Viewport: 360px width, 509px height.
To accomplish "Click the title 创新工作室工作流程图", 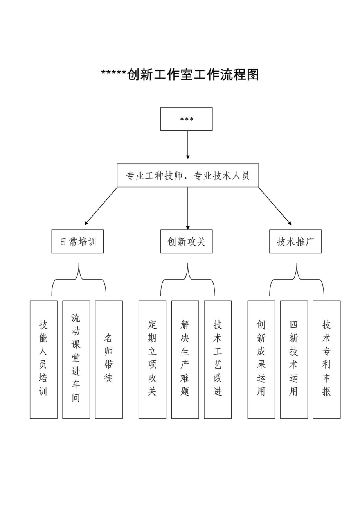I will click(x=180, y=74).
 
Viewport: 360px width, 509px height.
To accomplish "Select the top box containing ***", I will click(x=186, y=119).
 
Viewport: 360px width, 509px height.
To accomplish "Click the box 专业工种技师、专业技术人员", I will click(x=188, y=176).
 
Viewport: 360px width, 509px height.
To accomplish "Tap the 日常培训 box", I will click(x=77, y=242).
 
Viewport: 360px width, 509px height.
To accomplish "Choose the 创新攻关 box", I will click(x=186, y=242).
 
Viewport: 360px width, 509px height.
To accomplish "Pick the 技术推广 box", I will click(x=295, y=242).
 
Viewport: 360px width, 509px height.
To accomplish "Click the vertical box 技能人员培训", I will click(x=43, y=359).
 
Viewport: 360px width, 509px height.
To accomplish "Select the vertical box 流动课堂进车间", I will click(x=76, y=359).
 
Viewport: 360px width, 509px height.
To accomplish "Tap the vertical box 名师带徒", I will click(x=109, y=359).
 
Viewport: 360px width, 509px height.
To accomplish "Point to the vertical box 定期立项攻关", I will click(x=152, y=359).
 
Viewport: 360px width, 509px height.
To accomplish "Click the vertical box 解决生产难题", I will click(x=185, y=359).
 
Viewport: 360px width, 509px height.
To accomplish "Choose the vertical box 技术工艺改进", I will click(x=218, y=359).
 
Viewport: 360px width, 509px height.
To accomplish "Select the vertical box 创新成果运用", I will click(x=261, y=359).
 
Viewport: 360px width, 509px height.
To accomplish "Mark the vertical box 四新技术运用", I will click(x=294, y=359).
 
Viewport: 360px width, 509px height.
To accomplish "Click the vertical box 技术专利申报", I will click(x=327, y=359).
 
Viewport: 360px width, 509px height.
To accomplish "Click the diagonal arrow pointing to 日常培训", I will click(x=101, y=206).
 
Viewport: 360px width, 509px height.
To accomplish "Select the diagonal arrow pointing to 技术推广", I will click(x=275, y=206).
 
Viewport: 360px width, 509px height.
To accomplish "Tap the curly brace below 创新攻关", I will click(x=188, y=279).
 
